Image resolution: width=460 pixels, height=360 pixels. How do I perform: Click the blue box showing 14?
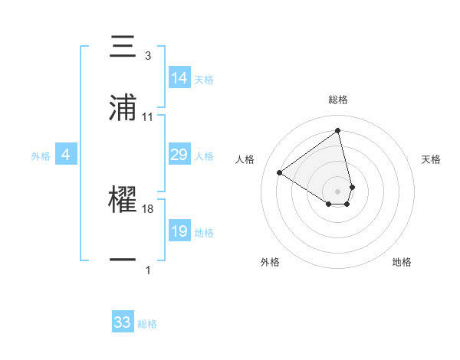(x=179, y=78)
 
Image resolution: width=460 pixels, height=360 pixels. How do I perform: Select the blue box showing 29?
(x=179, y=155)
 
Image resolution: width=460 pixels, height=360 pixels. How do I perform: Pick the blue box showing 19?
(x=179, y=231)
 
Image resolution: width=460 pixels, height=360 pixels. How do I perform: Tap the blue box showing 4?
(x=66, y=155)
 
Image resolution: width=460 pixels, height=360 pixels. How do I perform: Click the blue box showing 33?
(x=123, y=322)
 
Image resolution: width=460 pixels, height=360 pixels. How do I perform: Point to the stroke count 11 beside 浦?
(x=148, y=117)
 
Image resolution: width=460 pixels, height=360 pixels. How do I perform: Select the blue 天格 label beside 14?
(x=204, y=79)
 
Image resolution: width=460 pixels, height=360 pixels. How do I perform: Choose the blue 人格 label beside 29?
(x=204, y=155)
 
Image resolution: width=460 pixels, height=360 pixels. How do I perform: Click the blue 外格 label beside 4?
(x=41, y=155)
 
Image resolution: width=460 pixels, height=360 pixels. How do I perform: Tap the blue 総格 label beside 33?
(x=147, y=324)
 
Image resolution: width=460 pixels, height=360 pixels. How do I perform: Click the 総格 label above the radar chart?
(x=338, y=100)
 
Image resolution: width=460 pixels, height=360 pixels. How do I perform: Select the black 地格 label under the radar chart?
(x=402, y=262)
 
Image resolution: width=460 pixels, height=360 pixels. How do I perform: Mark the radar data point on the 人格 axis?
(x=280, y=172)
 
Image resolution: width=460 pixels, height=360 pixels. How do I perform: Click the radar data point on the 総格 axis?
(x=338, y=130)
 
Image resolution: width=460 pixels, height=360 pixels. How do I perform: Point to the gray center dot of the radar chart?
(x=338, y=190)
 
